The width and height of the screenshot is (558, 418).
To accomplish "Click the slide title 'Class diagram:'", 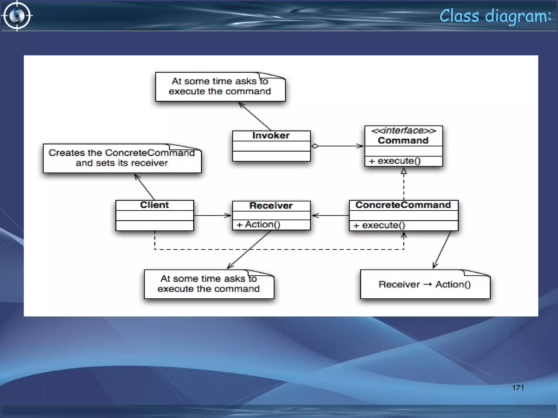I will [495, 16].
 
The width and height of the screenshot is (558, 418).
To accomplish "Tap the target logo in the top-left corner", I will [17, 16].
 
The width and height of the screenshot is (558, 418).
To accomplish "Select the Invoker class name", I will [271, 136].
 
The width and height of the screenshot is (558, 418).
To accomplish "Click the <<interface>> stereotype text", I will [404, 131].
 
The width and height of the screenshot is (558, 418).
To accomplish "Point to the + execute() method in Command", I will [395, 161].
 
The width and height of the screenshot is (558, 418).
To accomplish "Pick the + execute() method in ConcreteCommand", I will [379, 225].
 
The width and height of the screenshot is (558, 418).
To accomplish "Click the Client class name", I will [154, 205].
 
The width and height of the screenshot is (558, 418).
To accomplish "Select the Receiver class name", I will [271, 206].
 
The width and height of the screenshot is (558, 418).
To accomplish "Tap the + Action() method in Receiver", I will [258, 225].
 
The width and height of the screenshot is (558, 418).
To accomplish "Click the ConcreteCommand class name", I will [403, 205].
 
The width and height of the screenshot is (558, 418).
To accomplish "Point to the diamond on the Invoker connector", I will [315, 146].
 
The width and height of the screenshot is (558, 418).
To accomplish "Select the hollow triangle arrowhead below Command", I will [404, 171].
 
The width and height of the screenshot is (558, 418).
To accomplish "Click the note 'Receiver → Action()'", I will [425, 284].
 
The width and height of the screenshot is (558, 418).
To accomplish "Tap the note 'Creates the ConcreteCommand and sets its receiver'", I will [122, 158].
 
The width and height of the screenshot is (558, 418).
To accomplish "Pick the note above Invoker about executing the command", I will [220, 86].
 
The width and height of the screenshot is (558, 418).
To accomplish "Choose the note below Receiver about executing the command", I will [208, 284].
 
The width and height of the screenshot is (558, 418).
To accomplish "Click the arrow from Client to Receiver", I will [213, 216].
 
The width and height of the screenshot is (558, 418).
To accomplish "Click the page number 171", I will [518, 388].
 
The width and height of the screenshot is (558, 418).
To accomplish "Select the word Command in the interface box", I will [403, 141].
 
